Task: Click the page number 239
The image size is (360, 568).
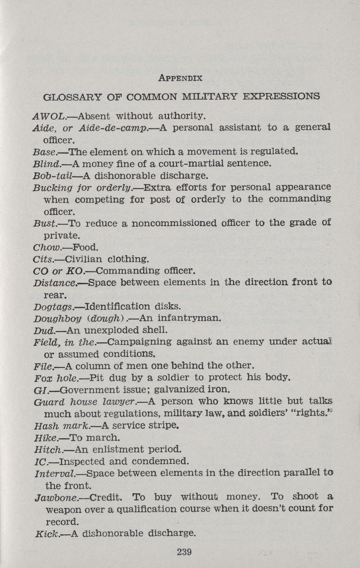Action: (184, 552)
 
